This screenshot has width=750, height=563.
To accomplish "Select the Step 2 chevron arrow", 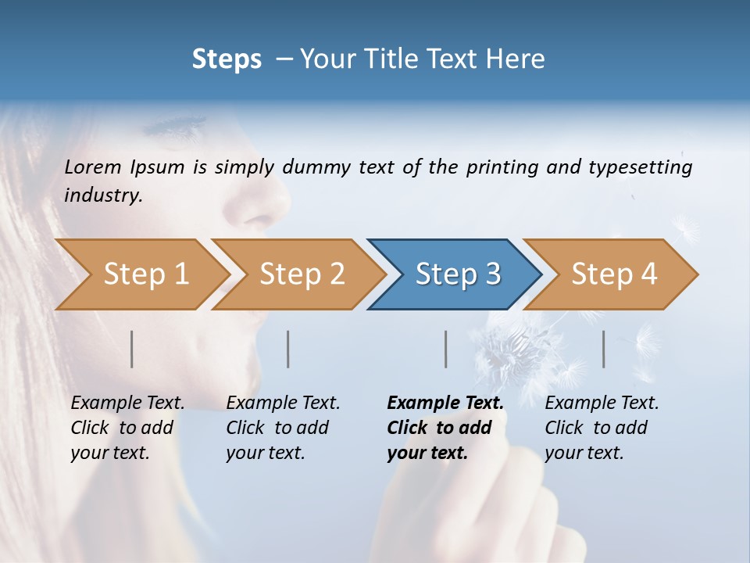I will [302, 274].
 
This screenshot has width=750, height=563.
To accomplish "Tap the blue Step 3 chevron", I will [458, 274].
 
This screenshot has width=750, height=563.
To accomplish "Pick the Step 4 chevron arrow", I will [614, 274].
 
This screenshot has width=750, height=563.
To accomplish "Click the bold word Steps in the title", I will [227, 59].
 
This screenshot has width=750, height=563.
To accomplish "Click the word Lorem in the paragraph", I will [93, 167].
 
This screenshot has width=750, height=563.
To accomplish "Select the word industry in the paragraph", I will [103, 195].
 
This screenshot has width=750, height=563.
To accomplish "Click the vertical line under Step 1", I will [132, 349].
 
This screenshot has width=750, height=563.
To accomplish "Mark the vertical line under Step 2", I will [288, 349].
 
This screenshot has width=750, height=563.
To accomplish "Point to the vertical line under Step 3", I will [445, 349].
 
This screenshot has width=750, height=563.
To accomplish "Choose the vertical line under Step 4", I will [604, 349].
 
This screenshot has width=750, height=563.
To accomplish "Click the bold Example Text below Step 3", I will [445, 403].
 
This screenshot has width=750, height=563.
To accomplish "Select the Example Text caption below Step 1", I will [127, 403].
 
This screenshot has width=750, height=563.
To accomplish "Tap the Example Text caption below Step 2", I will [283, 403].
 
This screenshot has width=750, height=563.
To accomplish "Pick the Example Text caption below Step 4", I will [602, 403].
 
